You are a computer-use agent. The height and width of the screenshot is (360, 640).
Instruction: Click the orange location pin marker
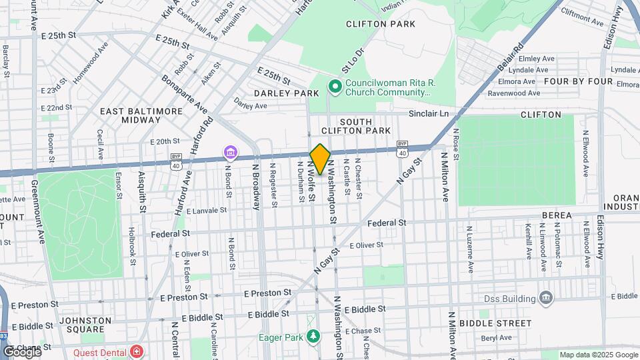tap(320, 159)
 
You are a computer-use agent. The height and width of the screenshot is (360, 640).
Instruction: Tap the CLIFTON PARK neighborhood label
tap(381, 24)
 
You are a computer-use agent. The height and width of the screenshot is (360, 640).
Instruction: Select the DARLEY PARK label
tap(286, 93)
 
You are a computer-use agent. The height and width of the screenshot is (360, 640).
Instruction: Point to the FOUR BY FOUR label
tap(578, 81)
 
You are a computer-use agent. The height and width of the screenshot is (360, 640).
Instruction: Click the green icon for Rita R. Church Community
tap(335, 86)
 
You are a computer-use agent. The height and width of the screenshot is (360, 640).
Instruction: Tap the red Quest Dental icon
tap(137, 350)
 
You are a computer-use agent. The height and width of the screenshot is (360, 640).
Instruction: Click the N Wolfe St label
tap(311, 181)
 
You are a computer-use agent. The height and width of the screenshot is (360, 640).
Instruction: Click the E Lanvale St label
tap(207, 211)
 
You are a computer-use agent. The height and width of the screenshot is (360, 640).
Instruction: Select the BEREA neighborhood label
tap(557, 215)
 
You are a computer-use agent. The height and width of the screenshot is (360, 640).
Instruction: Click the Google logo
tap(22, 351)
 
